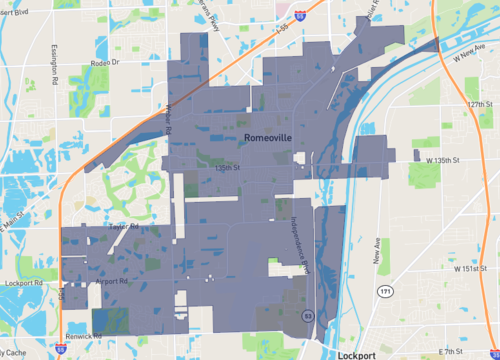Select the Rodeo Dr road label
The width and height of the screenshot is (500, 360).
(x=102, y=62)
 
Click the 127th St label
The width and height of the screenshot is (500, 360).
(x=483, y=104)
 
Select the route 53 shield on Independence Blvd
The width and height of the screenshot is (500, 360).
(x=308, y=315)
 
